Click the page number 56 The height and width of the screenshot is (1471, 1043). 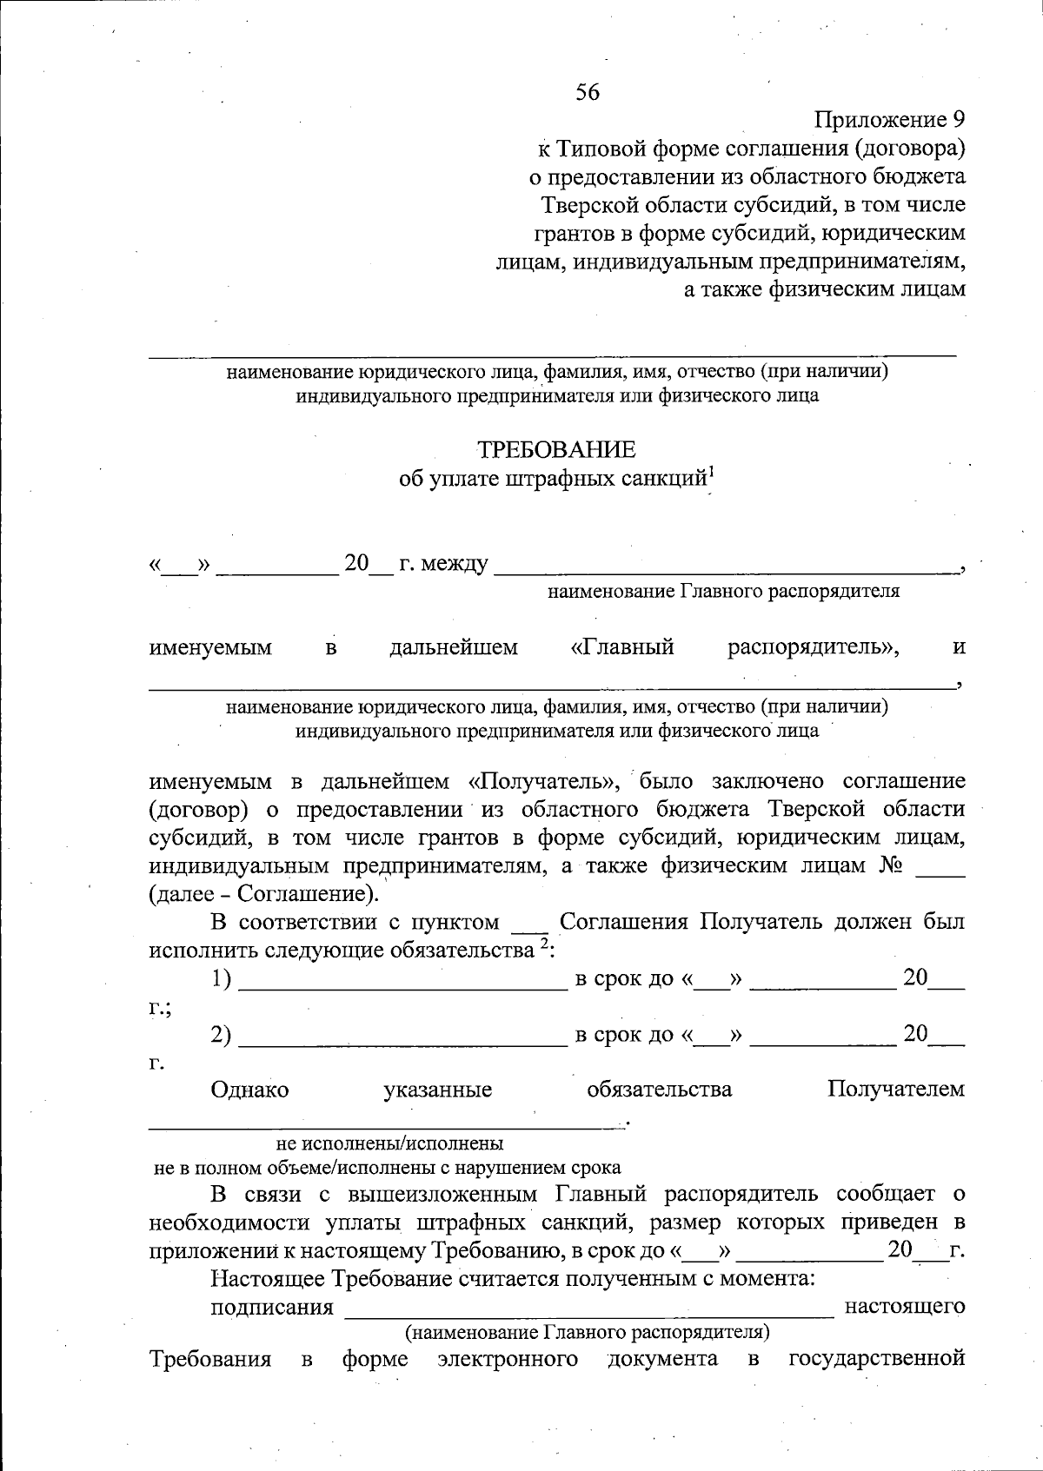click(x=588, y=92)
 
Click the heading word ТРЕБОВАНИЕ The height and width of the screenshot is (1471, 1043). click(x=556, y=449)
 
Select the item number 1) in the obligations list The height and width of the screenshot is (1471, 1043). click(x=222, y=979)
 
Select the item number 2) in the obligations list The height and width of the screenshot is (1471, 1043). click(x=222, y=1035)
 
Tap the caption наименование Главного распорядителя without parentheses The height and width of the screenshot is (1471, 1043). click(x=723, y=592)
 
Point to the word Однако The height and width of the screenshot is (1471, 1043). click(x=249, y=1090)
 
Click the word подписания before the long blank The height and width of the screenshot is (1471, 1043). click(x=272, y=1307)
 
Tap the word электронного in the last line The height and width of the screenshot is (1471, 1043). click(x=508, y=1359)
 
